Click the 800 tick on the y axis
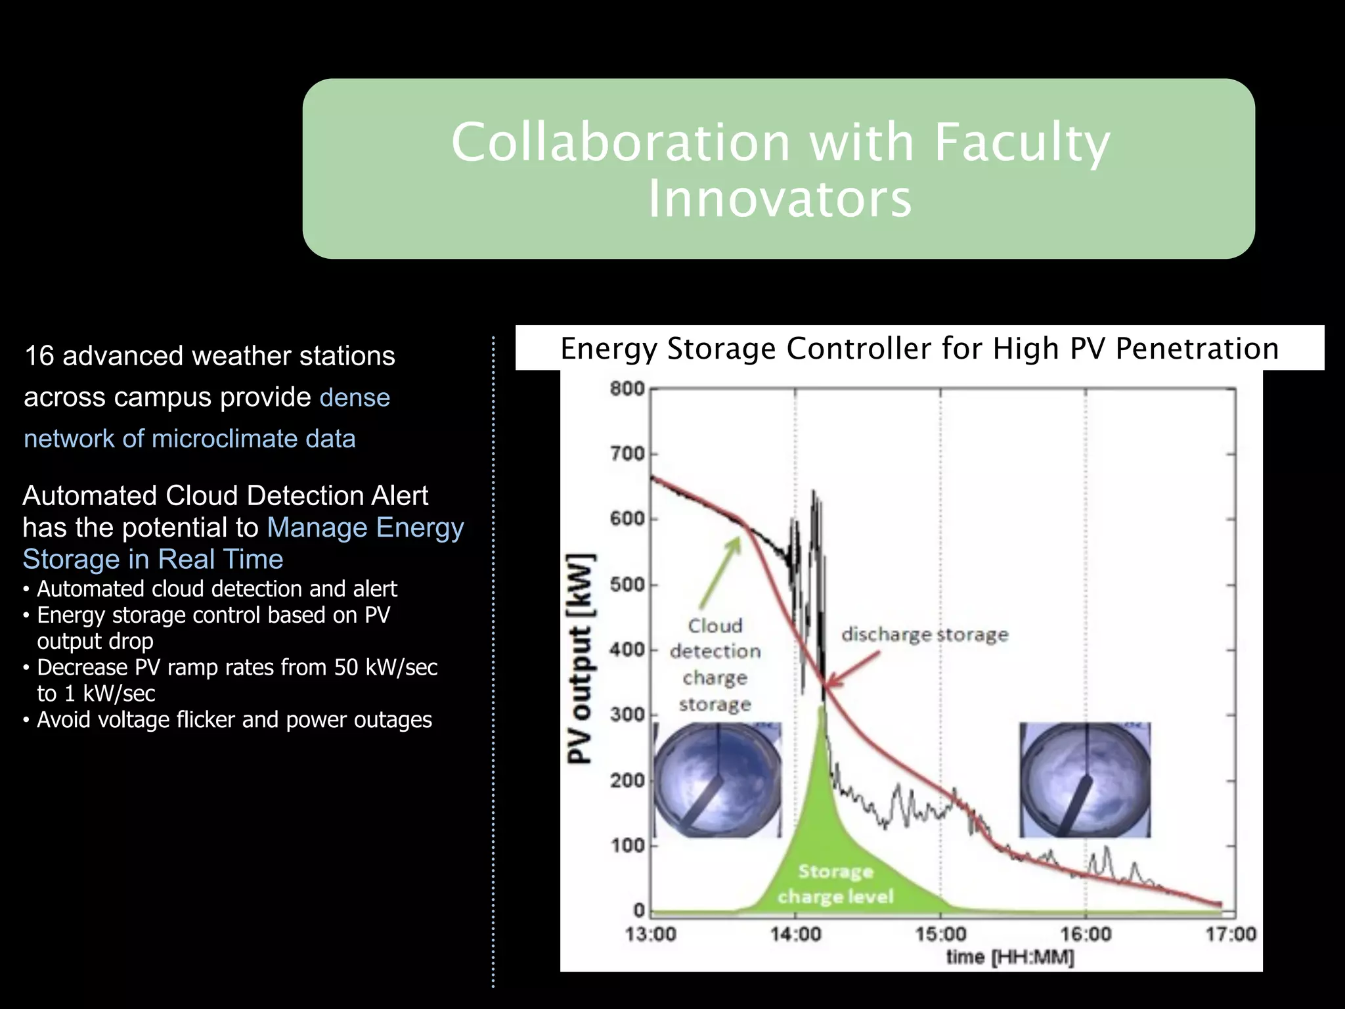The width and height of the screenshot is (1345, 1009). pyautogui.click(x=628, y=389)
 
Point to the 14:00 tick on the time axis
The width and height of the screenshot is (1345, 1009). pyautogui.click(x=795, y=933)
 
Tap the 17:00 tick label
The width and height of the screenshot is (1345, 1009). pyautogui.click(x=1230, y=933)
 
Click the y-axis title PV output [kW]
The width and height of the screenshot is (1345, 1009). pyautogui.click(x=580, y=658)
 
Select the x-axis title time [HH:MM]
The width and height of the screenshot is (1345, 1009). pyautogui.click(x=1009, y=957)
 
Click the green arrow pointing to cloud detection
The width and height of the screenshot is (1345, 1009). pyautogui.click(x=720, y=572)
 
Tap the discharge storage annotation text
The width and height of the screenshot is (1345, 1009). pyautogui.click(x=924, y=635)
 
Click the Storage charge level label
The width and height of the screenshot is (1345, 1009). pyautogui.click(x=835, y=884)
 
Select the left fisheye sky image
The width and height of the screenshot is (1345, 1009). pyautogui.click(x=717, y=780)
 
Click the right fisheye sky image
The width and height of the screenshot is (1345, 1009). pyautogui.click(x=1085, y=780)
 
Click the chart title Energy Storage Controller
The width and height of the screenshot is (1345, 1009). pyautogui.click(x=919, y=348)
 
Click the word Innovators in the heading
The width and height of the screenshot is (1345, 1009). pyautogui.click(x=780, y=198)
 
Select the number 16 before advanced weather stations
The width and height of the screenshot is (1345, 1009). pyautogui.click(x=39, y=356)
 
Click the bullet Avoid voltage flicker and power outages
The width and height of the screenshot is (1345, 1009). pyautogui.click(x=234, y=720)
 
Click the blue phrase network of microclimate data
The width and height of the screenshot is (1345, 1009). pyautogui.click(x=190, y=439)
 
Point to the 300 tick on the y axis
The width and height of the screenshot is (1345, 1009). pyautogui.click(x=628, y=715)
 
